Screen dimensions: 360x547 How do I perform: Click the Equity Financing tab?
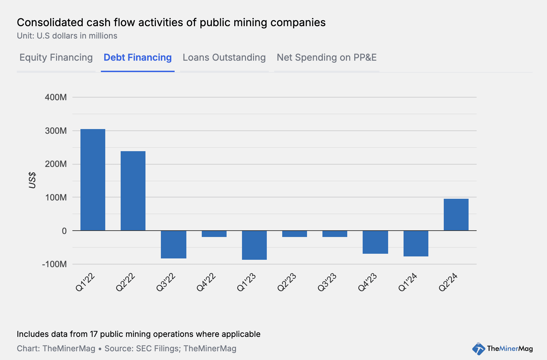[56, 58]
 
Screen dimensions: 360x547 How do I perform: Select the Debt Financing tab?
[137, 58]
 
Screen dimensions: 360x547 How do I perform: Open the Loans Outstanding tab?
[224, 58]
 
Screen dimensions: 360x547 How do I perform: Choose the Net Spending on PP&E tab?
[326, 58]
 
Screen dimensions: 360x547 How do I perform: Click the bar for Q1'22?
[93, 180]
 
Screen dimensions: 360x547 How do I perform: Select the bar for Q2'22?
[133, 191]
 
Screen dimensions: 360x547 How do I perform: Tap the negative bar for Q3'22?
[174, 244]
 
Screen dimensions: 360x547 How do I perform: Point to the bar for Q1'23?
[254, 245]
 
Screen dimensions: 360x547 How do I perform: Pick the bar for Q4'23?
[375, 242]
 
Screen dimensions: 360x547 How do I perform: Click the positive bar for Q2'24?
[456, 215]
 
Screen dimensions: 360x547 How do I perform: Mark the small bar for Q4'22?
[214, 234]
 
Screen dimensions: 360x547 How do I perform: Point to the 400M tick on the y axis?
[56, 98]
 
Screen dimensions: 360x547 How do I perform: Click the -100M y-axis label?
[55, 264]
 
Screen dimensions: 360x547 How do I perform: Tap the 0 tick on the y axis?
[64, 231]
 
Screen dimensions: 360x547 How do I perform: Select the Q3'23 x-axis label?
[327, 282]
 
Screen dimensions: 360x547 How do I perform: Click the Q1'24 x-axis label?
[408, 282]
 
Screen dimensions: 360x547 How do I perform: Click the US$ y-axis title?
[32, 180]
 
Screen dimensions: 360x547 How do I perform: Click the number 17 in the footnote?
[94, 334]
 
